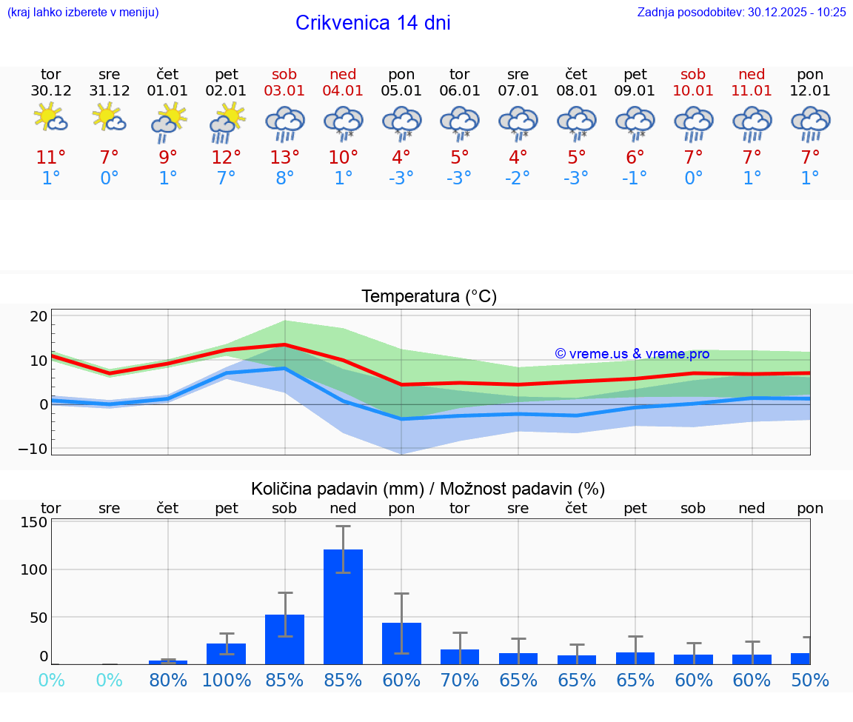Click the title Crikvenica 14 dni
click(372, 23)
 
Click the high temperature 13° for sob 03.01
click(284, 157)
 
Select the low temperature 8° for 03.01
click(284, 178)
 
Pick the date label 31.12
click(110, 91)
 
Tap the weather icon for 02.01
click(227, 121)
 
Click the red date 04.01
click(343, 91)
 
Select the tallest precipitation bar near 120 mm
click(343, 606)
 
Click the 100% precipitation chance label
click(227, 681)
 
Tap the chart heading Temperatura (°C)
click(429, 297)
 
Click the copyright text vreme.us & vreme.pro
click(632, 354)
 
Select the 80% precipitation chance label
click(168, 681)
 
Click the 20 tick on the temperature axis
click(39, 316)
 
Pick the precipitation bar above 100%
click(227, 653)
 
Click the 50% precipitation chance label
click(810, 681)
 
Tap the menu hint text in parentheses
click(83, 12)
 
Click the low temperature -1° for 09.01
click(635, 178)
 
